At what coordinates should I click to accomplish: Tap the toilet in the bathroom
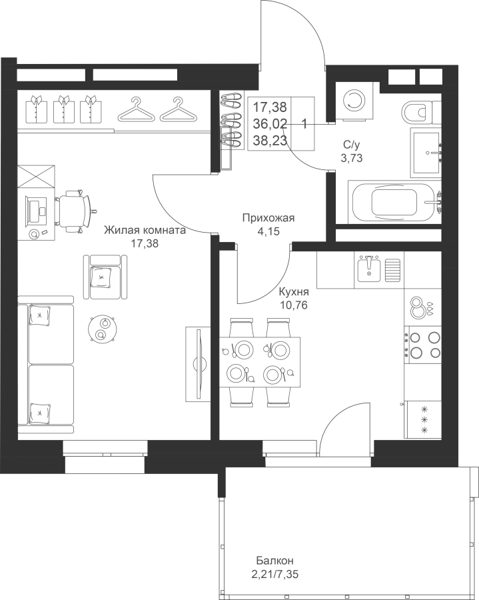click(x=420, y=112)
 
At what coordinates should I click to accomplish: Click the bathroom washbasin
click(x=426, y=153)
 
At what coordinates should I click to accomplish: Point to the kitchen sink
click(x=369, y=269)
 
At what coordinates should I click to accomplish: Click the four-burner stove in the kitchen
click(x=423, y=344)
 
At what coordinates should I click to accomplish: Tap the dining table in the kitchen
click(x=260, y=361)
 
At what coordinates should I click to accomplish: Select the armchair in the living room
click(x=105, y=277)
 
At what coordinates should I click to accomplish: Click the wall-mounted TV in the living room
click(x=199, y=363)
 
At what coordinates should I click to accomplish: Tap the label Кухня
click(x=294, y=293)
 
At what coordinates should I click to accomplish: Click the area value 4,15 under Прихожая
click(x=268, y=231)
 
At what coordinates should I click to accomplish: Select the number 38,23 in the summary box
click(x=270, y=141)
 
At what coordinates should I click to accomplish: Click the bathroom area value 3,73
click(x=352, y=157)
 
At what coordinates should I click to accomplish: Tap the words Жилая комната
click(x=145, y=231)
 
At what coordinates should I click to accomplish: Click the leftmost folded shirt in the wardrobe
click(x=37, y=109)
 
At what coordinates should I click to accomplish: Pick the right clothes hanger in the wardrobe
click(x=177, y=109)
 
